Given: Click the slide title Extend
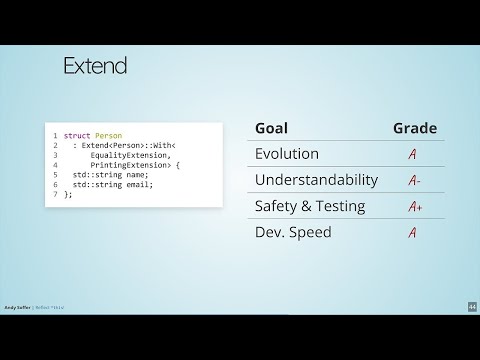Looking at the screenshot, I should (x=95, y=67).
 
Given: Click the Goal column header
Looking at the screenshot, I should (x=272, y=128).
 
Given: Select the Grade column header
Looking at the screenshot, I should (x=414, y=128).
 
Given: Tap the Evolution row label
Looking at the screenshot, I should (x=287, y=154).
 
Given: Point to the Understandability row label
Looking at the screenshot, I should (x=316, y=180).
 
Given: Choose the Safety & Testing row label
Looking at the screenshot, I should (x=310, y=206).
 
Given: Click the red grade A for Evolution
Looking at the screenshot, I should (x=412, y=155).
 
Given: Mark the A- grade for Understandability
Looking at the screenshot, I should (x=414, y=181).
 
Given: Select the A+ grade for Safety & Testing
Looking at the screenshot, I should (x=415, y=207).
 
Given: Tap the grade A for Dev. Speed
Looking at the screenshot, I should (x=412, y=233).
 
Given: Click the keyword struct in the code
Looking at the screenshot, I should (x=77, y=135).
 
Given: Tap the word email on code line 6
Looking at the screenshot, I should (x=138, y=185).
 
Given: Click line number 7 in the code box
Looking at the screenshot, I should (x=55, y=195).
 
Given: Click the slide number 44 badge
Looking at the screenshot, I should (x=472, y=306).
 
